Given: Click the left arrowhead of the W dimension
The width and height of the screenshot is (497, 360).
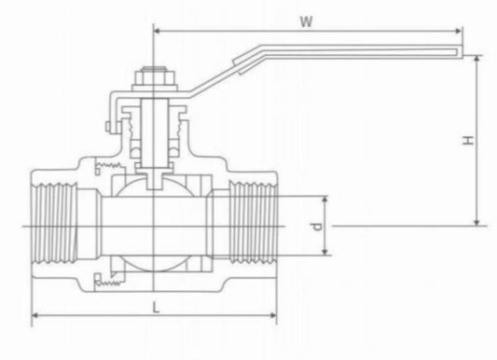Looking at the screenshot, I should [x=156, y=31].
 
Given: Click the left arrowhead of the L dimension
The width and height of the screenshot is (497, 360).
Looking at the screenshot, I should [x=36, y=318].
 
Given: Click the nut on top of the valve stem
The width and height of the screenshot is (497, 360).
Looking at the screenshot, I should [x=151, y=74].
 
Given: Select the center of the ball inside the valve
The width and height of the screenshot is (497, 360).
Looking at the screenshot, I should [x=151, y=227].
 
